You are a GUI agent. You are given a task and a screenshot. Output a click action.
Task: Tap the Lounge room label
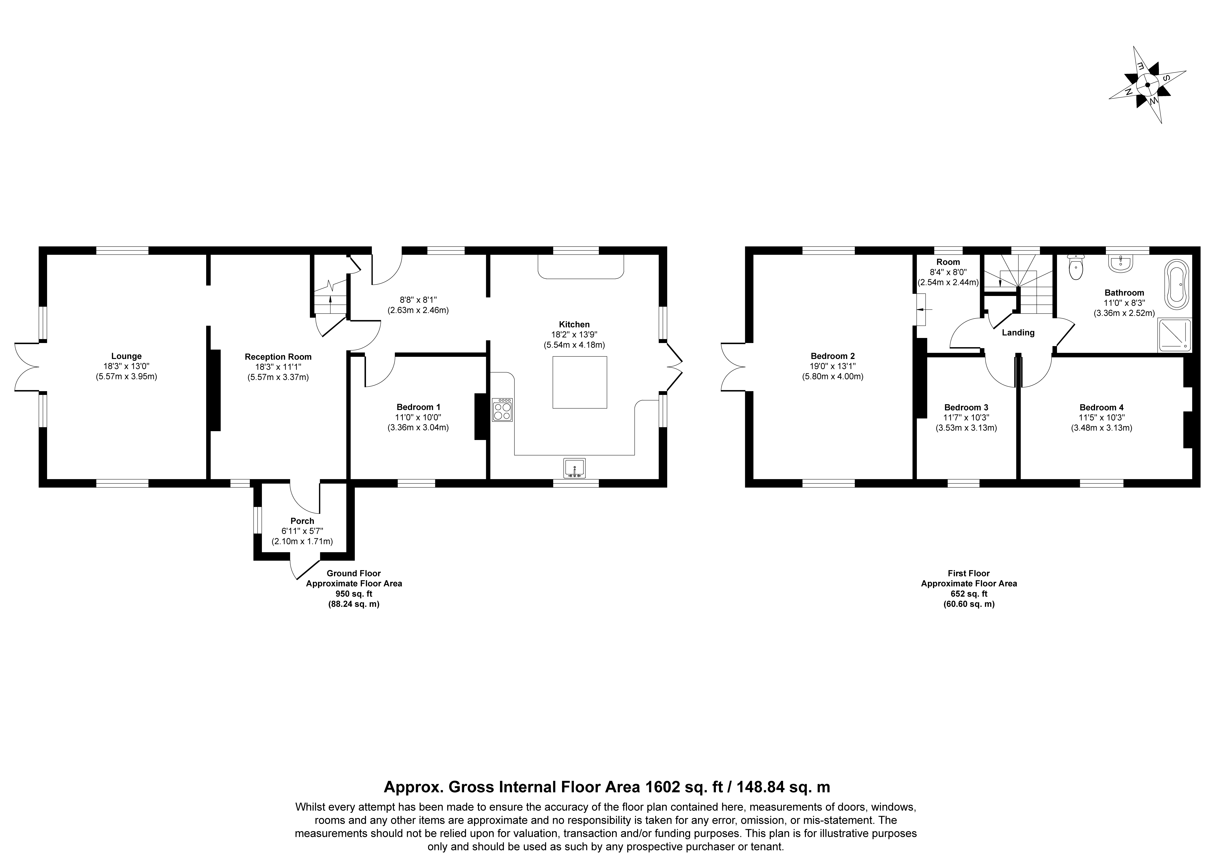point(126,356)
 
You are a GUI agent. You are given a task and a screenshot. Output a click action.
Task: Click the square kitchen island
point(580,382)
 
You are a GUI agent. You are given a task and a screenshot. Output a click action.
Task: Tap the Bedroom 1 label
point(418,407)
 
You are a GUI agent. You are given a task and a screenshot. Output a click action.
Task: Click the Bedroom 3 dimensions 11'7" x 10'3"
point(966,417)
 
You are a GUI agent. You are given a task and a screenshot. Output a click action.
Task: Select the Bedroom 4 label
point(1101,407)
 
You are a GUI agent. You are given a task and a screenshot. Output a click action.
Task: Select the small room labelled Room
point(948,262)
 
